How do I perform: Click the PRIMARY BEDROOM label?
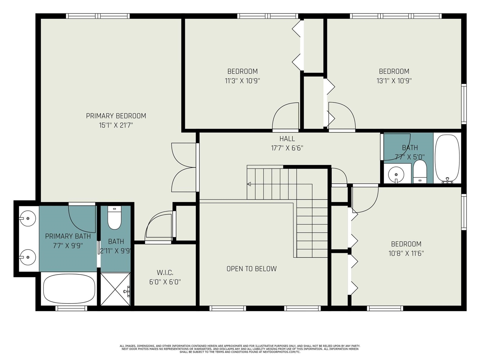click(116, 116)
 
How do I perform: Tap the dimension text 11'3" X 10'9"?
click(242, 81)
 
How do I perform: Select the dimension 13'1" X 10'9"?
click(394, 81)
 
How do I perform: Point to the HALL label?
click(287, 139)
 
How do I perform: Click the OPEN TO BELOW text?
click(251, 269)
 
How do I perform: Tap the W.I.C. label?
click(165, 273)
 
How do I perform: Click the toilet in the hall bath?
click(420, 173)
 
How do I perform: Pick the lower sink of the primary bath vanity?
click(27, 257)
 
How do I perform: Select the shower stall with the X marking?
click(116, 289)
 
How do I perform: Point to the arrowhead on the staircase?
click(249, 184)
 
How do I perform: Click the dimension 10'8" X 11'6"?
click(406, 253)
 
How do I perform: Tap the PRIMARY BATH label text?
click(68, 236)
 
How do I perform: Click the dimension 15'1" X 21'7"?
click(116, 125)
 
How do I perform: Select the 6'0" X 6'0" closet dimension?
click(165, 282)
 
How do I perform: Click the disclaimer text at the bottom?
click(240, 349)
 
